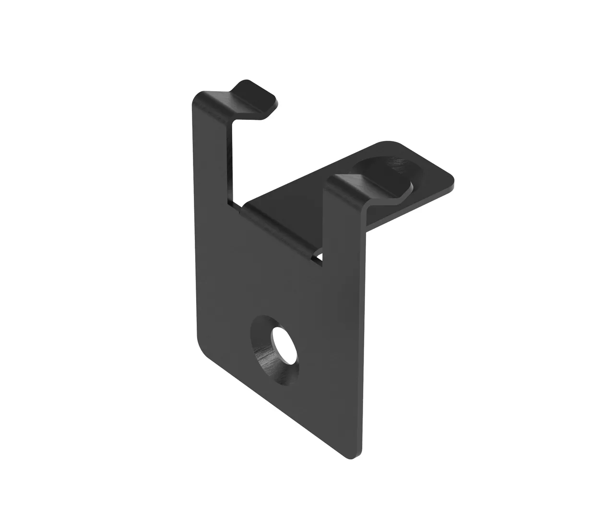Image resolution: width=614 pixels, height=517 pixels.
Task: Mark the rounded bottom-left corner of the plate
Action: point(202,346)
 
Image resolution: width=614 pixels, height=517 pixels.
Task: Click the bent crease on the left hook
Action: point(240,98)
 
